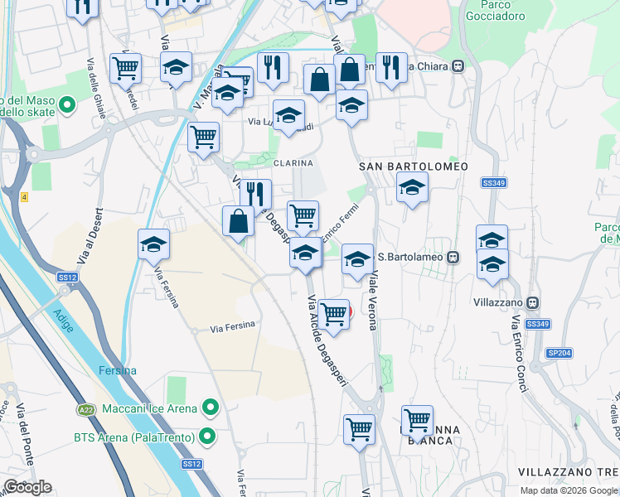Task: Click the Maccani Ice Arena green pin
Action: coord(211,408)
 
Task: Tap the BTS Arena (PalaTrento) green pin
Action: coord(211,436)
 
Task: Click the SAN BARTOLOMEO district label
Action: coord(414,166)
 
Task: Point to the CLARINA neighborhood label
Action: coord(293,162)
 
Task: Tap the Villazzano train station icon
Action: coord(534,302)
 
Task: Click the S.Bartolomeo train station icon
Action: coord(453,256)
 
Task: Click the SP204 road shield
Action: coord(558,352)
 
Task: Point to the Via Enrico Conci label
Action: coord(519,348)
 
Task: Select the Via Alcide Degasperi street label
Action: coord(327,349)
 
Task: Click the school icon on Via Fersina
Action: coord(153,244)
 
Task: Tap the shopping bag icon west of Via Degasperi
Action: coord(238,222)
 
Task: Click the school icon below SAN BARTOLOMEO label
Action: coord(412,187)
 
